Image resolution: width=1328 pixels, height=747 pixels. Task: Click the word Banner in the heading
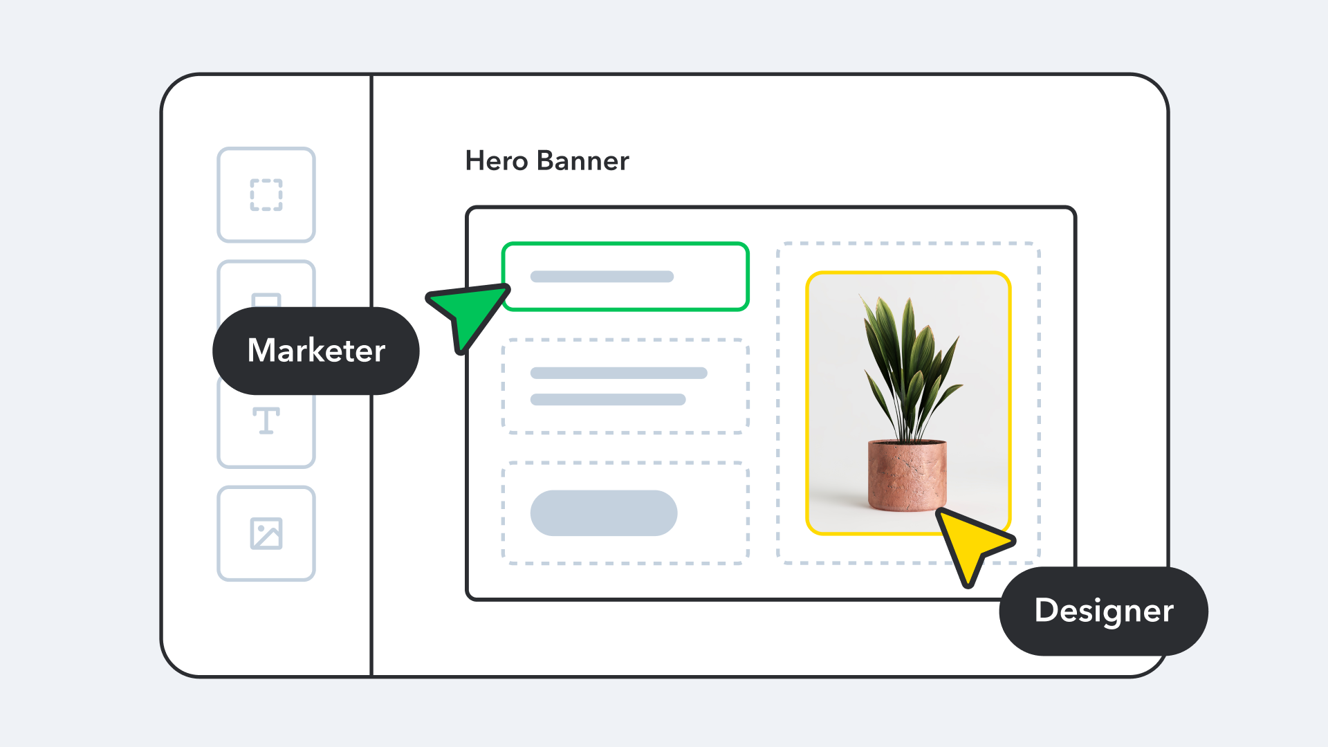point(583,161)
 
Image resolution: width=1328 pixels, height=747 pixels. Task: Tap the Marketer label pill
point(316,351)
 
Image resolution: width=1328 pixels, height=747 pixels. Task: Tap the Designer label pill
point(1104,611)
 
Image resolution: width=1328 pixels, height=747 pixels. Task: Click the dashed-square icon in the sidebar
point(266,195)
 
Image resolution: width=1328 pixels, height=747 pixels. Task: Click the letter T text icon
point(266,421)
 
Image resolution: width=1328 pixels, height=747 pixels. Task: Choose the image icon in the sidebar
point(266,533)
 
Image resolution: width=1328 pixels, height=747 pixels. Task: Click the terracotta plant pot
point(907,475)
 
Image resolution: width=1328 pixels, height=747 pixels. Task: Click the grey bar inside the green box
point(602,277)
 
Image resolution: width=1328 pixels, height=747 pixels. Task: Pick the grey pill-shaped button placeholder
point(604,513)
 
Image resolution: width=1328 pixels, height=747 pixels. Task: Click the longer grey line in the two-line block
point(619,373)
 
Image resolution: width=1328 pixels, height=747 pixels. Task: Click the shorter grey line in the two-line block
point(608,400)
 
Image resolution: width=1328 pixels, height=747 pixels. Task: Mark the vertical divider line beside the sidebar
point(372,375)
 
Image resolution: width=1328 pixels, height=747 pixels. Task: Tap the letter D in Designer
point(1046,610)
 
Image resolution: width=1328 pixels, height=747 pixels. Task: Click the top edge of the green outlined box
point(625,243)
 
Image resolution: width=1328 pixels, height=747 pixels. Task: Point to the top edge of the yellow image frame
point(909,273)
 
